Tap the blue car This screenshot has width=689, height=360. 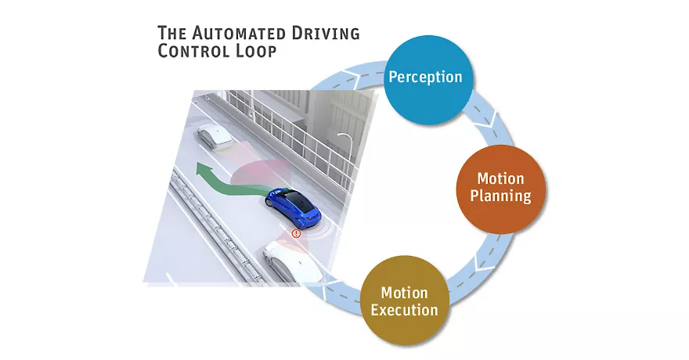(x=294, y=206)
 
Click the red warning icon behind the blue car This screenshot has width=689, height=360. (x=296, y=233)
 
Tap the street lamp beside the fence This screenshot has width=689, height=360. (x=344, y=141)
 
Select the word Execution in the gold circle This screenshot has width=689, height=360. (x=404, y=309)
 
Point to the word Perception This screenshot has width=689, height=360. (x=425, y=77)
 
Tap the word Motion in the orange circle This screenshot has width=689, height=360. (x=500, y=179)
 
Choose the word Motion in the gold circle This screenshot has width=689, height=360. (x=404, y=293)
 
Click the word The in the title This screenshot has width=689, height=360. (x=171, y=34)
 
